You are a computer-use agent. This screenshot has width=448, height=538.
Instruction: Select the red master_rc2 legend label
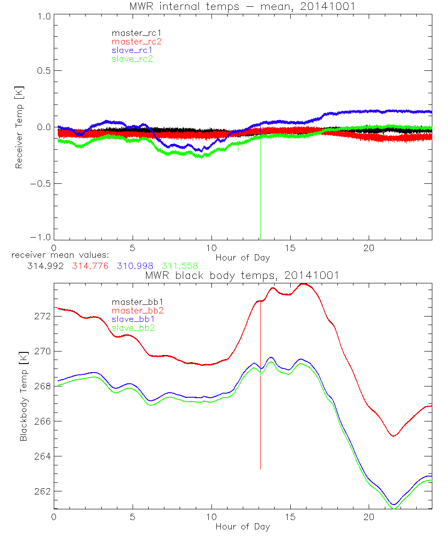[x=137, y=41]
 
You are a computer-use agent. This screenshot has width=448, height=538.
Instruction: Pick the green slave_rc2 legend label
[x=132, y=58]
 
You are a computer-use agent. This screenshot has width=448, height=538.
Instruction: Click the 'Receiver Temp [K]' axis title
[x=19, y=127]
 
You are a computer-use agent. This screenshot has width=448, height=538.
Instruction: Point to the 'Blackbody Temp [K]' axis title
[x=23, y=396]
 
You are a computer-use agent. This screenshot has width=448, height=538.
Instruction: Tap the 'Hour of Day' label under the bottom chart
[x=242, y=527]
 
